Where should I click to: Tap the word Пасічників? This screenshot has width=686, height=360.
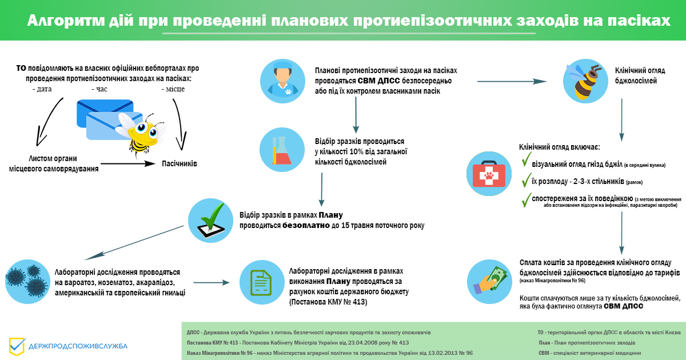coord(180,164)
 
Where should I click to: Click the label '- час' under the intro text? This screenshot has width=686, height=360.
coord(99,89)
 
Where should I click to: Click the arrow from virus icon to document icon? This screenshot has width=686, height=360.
coord(212,282)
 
